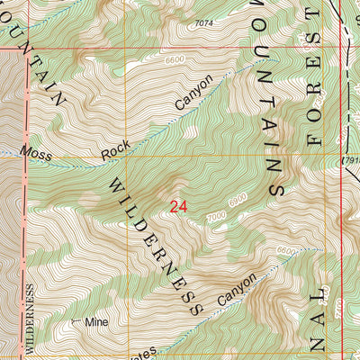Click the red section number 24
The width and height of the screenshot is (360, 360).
point(178,206)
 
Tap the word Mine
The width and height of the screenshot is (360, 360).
point(94,321)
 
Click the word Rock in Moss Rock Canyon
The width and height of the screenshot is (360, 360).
point(110,153)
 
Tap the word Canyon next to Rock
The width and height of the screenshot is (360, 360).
point(194,94)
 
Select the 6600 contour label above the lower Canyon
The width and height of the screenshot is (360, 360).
point(287,250)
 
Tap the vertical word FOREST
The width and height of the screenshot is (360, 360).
point(314,90)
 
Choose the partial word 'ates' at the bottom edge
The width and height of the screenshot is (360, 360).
point(144,354)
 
